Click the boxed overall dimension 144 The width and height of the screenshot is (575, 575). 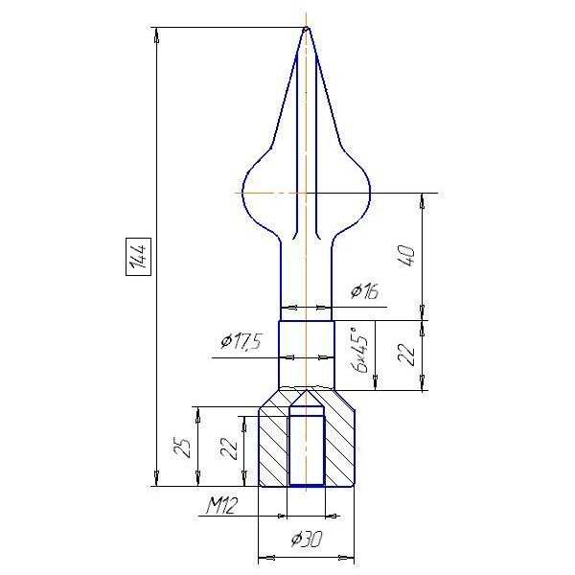(139, 256)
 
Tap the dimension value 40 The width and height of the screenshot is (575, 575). (408, 256)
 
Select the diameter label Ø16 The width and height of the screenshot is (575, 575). (364, 292)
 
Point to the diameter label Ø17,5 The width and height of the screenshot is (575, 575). (241, 341)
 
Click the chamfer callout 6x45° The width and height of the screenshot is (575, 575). (359, 351)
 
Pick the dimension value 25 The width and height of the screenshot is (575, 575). (183, 448)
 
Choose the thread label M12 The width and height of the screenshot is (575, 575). (221, 505)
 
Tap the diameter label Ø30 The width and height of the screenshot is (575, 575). (307, 539)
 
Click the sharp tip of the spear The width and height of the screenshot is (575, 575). (307, 27)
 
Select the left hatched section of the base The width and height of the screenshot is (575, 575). (273, 446)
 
